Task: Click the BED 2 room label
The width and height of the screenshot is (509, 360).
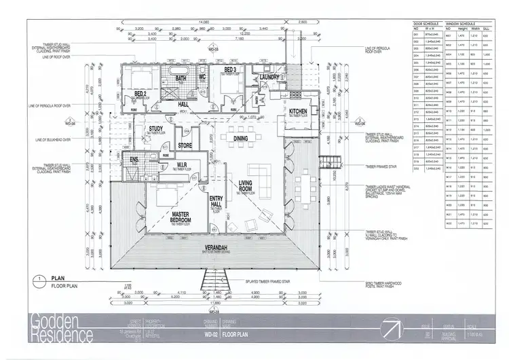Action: pos(140,93)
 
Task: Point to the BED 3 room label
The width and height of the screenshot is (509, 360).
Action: pos(229,71)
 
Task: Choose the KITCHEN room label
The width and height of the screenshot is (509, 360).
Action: pos(299,111)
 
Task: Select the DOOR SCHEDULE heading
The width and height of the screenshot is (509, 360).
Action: pos(426,23)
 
